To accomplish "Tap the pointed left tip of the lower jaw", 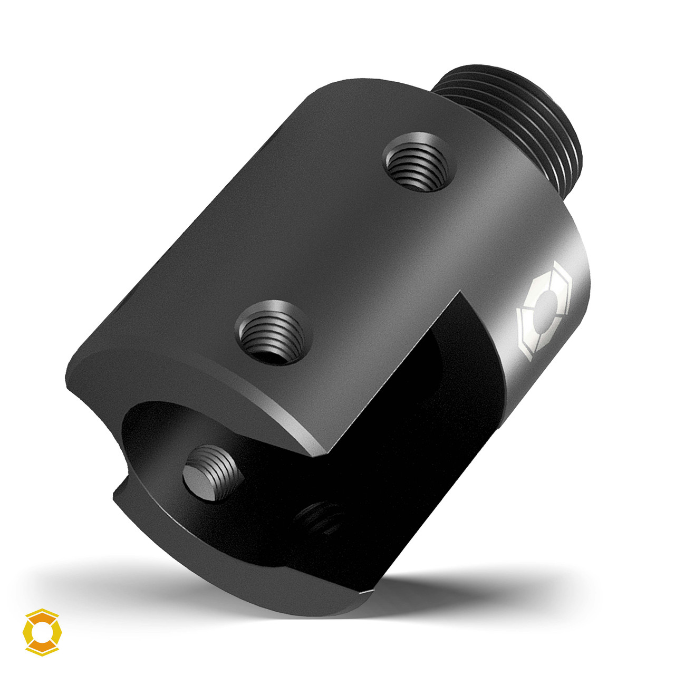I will (x=116, y=493).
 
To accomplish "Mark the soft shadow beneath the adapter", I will (x=475, y=591).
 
